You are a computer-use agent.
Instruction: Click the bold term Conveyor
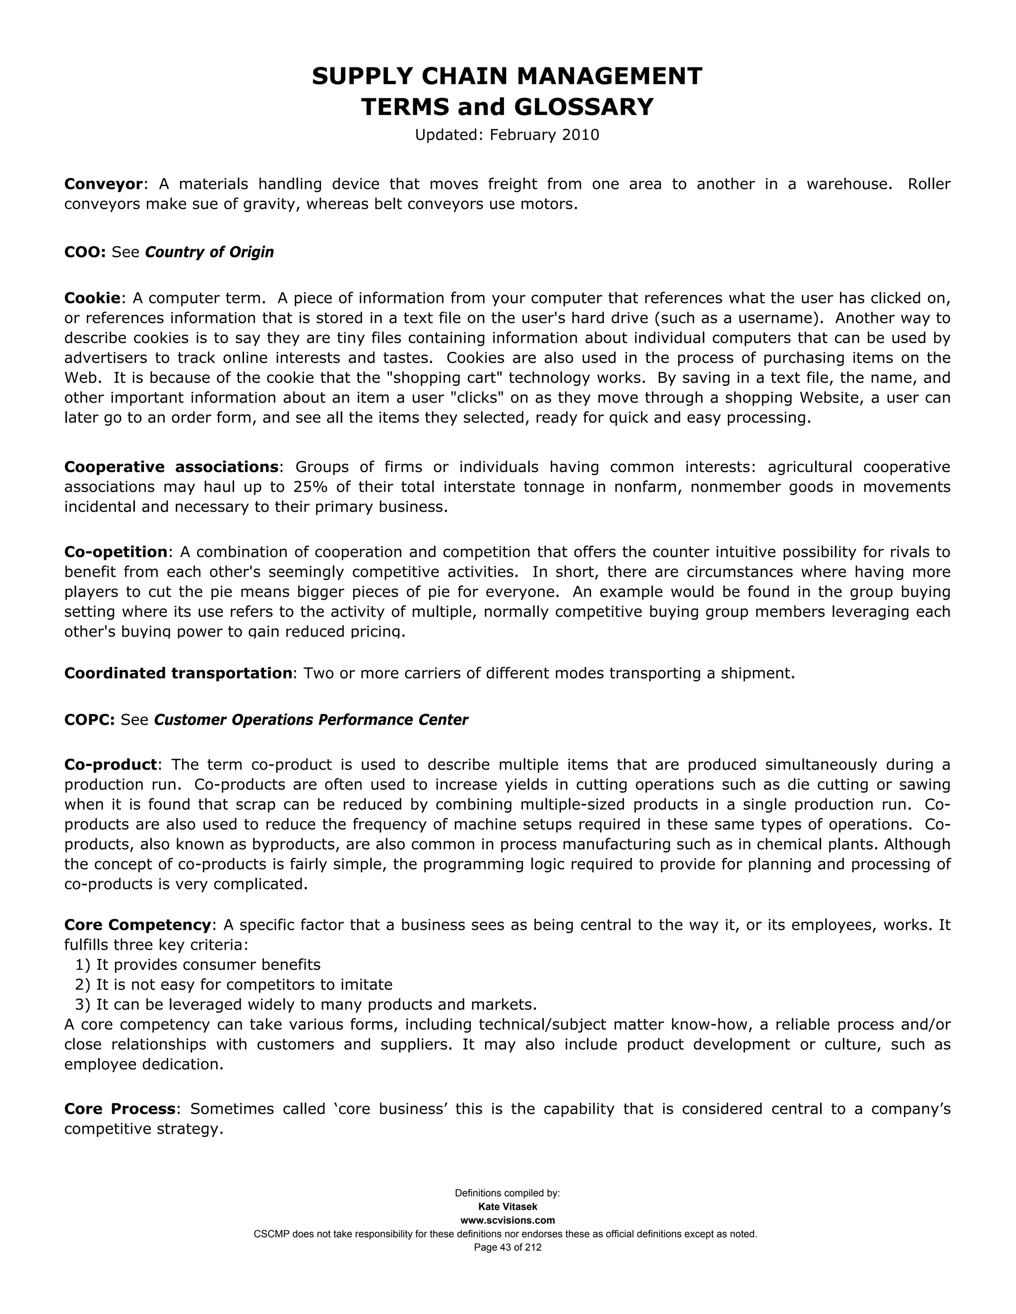[104, 184]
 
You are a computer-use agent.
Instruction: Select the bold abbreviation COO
[84, 252]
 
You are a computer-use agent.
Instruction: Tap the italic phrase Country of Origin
[209, 252]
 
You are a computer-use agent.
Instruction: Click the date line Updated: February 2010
[507, 135]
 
